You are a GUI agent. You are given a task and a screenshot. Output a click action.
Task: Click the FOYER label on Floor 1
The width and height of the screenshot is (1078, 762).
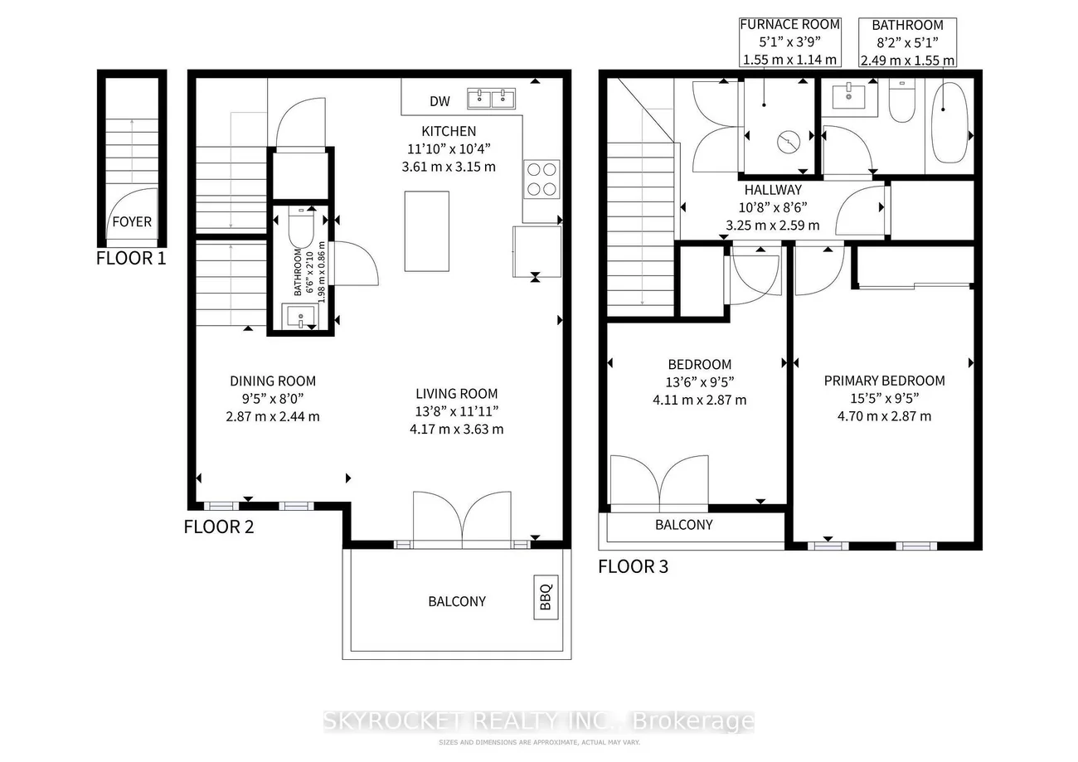[132, 221]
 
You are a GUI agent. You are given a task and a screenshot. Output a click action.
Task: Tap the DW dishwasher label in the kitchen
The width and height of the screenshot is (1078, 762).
[439, 101]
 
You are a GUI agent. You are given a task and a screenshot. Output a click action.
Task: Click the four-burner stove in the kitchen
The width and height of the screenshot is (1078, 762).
[541, 178]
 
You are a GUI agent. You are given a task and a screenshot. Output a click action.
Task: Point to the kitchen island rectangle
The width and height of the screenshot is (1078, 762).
[427, 231]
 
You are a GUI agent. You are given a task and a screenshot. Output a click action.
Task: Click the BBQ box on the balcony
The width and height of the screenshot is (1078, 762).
[545, 597]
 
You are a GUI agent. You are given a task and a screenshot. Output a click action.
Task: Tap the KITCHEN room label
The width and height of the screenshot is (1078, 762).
[449, 131]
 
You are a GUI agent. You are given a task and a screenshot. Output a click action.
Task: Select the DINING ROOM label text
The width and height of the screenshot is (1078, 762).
[273, 381]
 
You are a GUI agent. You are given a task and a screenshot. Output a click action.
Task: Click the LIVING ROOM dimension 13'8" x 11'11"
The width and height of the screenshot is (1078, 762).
[457, 411]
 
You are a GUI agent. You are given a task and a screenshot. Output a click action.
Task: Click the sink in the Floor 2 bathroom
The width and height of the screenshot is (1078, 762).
[299, 316]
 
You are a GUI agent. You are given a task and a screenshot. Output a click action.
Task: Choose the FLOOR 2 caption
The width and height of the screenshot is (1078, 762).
[218, 526]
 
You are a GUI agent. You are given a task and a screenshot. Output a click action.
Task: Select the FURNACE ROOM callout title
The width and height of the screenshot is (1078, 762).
[789, 25]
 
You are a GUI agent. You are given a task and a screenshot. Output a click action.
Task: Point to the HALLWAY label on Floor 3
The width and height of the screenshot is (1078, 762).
[772, 190]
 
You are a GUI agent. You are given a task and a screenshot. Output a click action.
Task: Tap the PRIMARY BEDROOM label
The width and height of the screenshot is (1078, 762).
[884, 381]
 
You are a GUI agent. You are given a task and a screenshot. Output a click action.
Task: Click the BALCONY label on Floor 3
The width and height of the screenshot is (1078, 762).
[683, 525]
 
